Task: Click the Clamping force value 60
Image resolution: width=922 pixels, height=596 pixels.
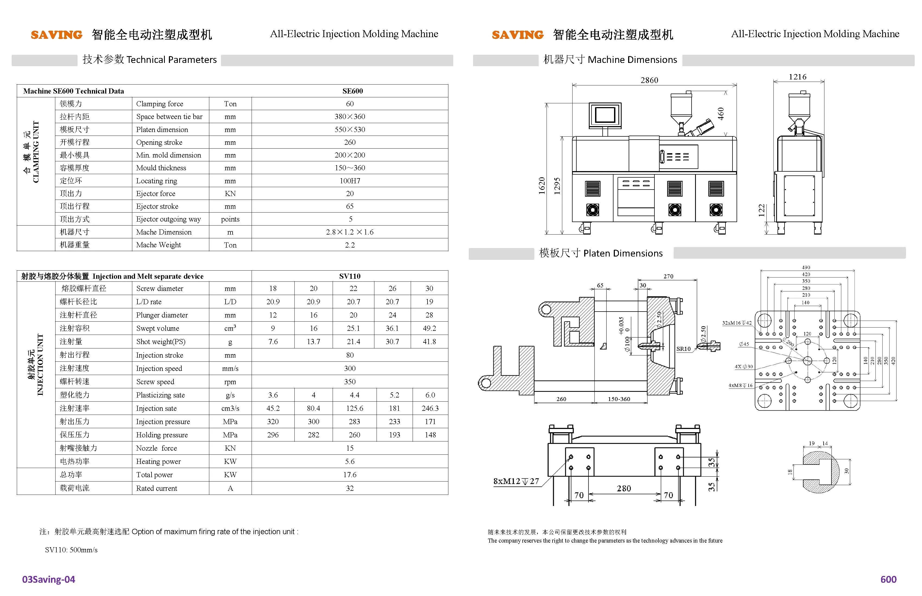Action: pos(349,104)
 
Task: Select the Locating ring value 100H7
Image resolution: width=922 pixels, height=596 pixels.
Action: pos(350,181)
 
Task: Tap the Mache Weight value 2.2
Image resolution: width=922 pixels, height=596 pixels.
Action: pos(349,245)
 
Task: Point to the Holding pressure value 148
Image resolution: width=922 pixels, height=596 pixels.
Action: pos(430,435)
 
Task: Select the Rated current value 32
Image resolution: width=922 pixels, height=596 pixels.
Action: pos(349,488)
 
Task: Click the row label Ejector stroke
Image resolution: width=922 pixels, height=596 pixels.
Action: pos(157,206)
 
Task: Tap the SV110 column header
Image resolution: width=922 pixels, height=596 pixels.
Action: pos(349,276)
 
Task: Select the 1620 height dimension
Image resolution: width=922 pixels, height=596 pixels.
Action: pos(542,185)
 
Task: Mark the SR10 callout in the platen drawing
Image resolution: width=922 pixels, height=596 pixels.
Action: pos(683,349)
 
